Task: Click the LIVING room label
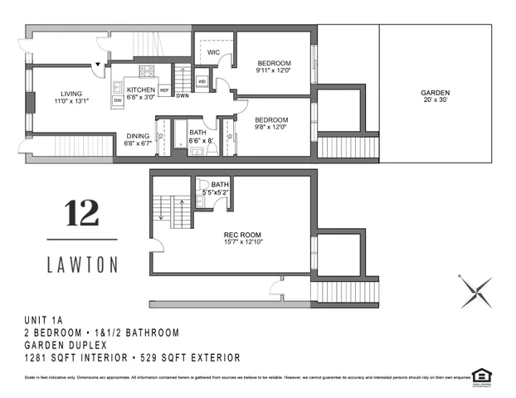tap(71, 93)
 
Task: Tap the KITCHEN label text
tap(140, 89)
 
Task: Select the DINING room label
tap(138, 136)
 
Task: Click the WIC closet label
tap(212, 51)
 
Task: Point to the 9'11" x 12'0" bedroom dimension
tap(274, 71)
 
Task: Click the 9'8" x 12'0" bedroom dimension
tap(271, 127)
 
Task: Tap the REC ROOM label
tap(239, 234)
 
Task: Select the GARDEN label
tap(435, 93)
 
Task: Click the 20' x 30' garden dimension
tap(435, 101)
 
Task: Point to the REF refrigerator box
tap(164, 90)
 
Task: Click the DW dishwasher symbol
tap(117, 100)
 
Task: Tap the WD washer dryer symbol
tap(201, 81)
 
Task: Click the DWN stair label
tap(182, 95)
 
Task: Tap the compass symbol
tap(475, 291)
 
